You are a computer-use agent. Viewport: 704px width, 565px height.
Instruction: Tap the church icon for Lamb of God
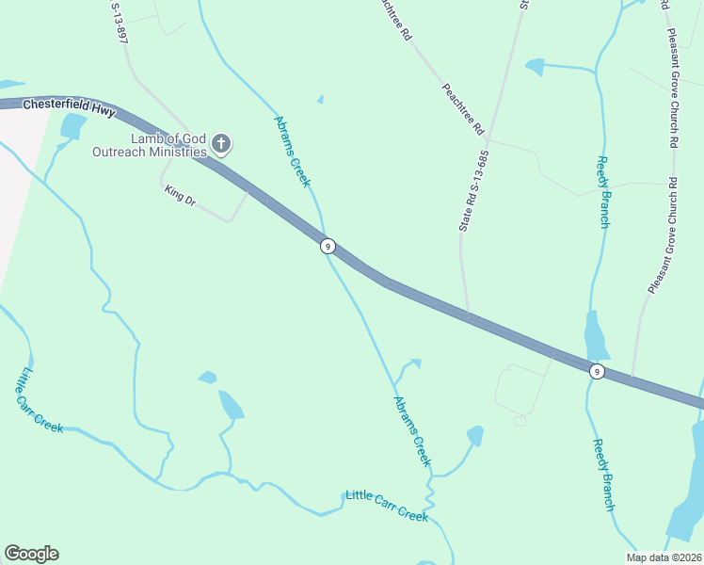pyautogui.click(x=221, y=144)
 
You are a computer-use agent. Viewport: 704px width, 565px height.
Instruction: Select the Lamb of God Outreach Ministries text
pyautogui.click(x=149, y=145)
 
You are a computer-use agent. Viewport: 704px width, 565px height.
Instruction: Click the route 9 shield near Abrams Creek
pyautogui.click(x=328, y=246)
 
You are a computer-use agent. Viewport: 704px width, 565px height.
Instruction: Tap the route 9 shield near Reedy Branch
pyautogui.click(x=597, y=371)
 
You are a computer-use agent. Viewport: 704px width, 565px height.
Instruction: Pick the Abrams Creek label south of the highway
pyautogui.click(x=411, y=429)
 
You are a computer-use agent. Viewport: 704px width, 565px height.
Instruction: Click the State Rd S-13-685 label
pyautogui.click(x=474, y=191)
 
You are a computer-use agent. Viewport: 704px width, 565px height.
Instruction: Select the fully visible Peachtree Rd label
pyautogui.click(x=463, y=107)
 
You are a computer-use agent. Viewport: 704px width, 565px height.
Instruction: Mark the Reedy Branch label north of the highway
pyautogui.click(x=603, y=191)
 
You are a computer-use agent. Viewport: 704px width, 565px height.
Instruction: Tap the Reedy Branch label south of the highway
pyautogui.click(x=603, y=475)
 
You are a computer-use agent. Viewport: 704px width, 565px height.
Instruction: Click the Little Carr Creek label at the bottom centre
pyautogui.click(x=387, y=506)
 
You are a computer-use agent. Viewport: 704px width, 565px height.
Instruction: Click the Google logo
pyautogui.click(x=31, y=554)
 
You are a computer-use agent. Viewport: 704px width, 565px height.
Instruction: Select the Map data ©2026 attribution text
pyautogui.click(x=664, y=557)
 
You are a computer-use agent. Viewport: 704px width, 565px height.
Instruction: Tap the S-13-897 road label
pyautogui.click(x=119, y=21)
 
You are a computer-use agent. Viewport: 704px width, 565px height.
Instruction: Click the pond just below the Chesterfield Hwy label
pyautogui.click(x=72, y=125)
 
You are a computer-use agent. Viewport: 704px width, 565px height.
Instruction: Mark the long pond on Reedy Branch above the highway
pyautogui.click(x=595, y=334)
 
